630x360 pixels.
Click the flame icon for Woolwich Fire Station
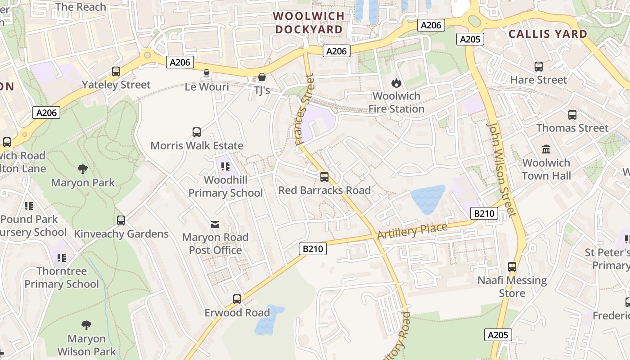[396, 83]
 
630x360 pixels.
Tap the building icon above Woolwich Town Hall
[546, 149]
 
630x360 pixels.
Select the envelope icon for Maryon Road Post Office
[215, 224]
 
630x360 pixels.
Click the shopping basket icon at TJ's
[261, 77]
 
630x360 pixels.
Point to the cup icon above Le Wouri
[207, 73]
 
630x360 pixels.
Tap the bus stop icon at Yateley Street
[116, 72]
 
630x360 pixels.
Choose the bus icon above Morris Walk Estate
[197, 132]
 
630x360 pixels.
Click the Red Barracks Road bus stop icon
[324, 177]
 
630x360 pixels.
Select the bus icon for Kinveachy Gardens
[121, 220]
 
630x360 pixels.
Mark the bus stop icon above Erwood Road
[237, 299]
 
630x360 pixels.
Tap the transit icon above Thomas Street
[572, 115]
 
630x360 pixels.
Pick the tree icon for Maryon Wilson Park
[86, 325]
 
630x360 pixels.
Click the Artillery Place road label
[412, 231]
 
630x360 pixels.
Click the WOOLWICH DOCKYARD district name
[309, 22]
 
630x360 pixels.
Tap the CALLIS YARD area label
[548, 34]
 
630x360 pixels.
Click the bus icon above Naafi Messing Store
[512, 267]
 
